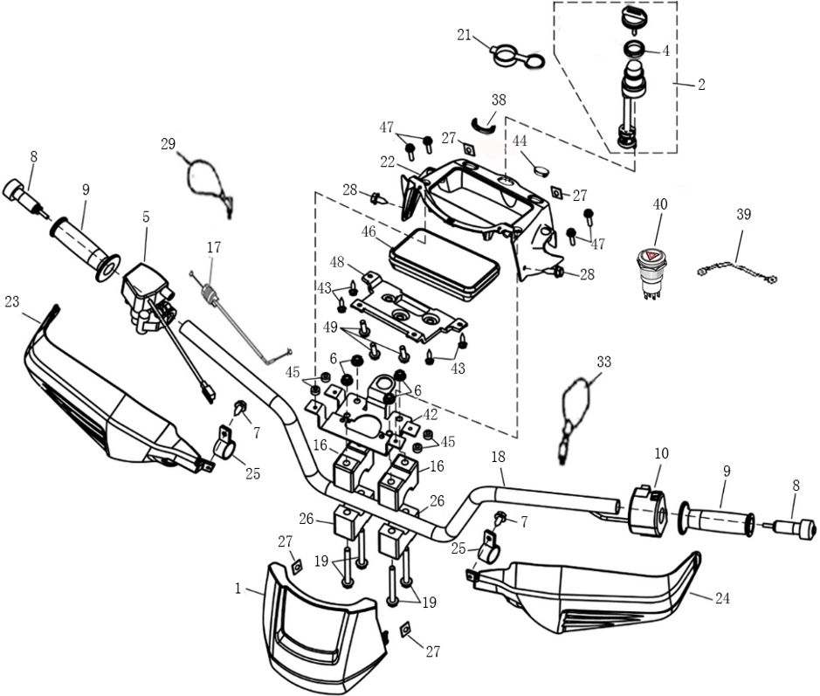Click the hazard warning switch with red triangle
click(651, 272)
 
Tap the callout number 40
click(660, 204)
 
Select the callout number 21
click(465, 35)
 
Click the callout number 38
click(499, 100)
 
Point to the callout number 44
click(520, 141)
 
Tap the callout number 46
click(369, 231)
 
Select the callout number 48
click(337, 261)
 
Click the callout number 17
click(214, 247)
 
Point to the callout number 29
click(168, 144)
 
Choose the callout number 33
click(604, 362)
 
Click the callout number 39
click(744, 214)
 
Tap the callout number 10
click(662, 453)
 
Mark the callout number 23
click(12, 301)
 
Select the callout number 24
click(722, 597)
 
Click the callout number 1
click(238, 589)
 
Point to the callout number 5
click(146, 217)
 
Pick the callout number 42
click(431, 415)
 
